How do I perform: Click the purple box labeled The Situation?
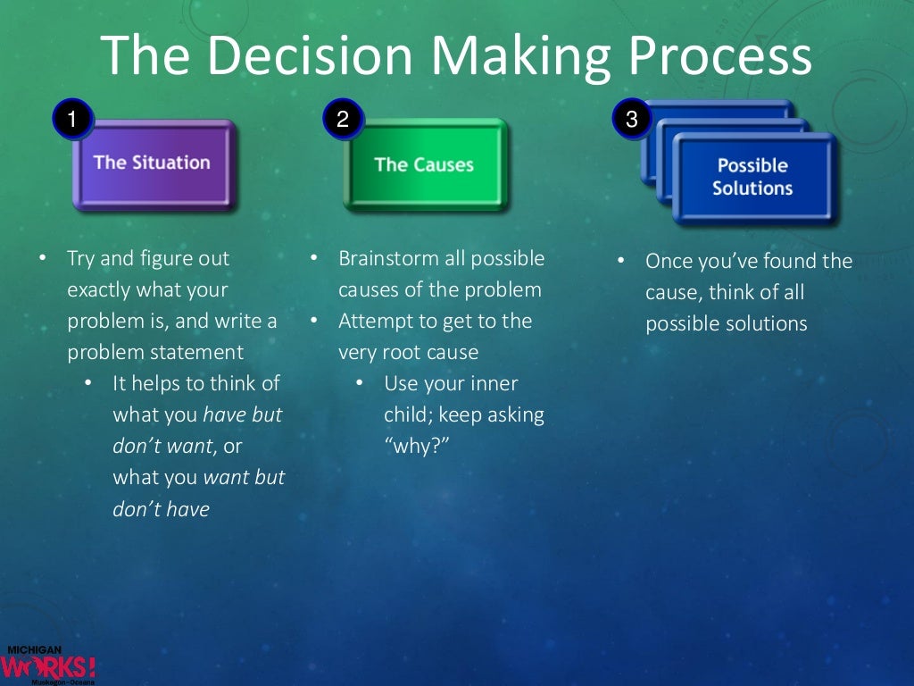click(153, 164)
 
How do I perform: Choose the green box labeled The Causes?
click(424, 165)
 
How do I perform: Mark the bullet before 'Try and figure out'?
click(42, 259)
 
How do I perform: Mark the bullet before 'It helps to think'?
click(87, 384)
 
